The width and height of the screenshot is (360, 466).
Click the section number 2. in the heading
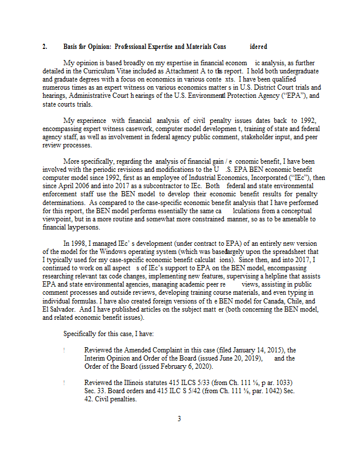click(x=45, y=46)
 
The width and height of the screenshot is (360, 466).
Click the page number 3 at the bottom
click(x=179, y=418)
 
